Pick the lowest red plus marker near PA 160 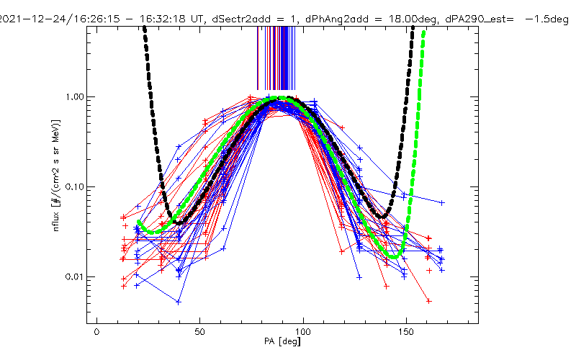point(428,300)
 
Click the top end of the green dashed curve point(423,32)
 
